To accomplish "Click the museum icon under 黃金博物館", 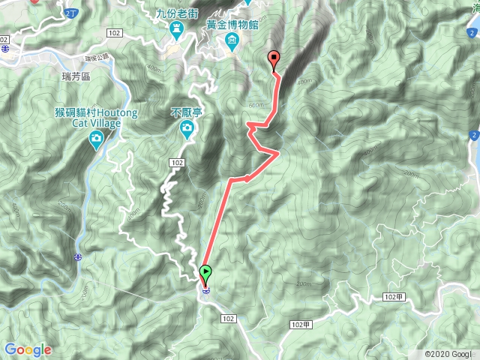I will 232,40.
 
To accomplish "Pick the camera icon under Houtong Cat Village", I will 96,139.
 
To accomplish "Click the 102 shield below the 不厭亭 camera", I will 177,163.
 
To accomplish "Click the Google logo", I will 28,349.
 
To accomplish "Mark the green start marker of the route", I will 205,272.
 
